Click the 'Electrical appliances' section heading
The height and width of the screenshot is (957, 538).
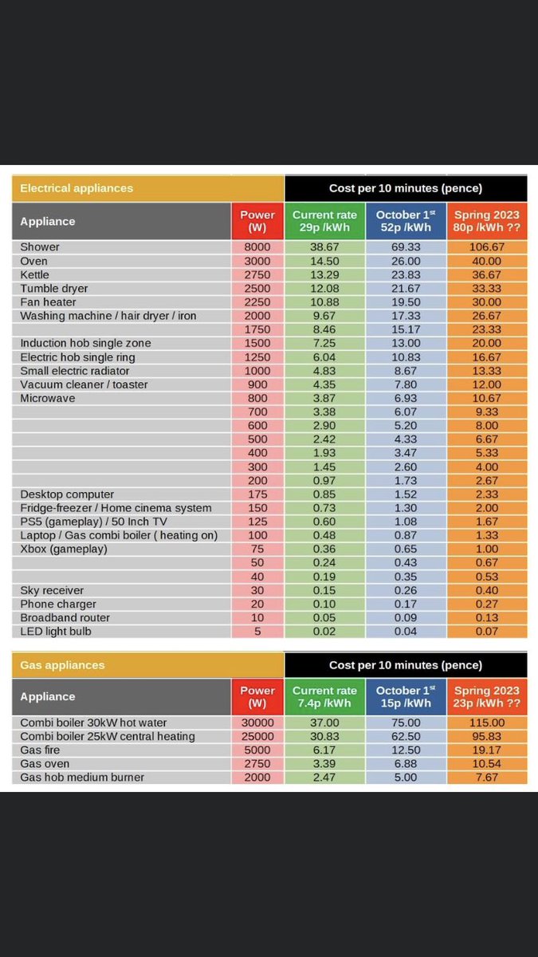pyautogui.click(x=77, y=188)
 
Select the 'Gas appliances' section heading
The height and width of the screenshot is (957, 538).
pyautogui.click(x=62, y=665)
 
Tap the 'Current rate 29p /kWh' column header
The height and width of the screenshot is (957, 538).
pyautogui.click(x=324, y=221)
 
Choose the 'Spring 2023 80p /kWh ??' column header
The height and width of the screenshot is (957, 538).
pyautogui.click(x=486, y=221)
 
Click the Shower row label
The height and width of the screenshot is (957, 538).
pyautogui.click(x=40, y=247)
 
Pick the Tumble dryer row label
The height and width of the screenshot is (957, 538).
pyautogui.click(x=54, y=288)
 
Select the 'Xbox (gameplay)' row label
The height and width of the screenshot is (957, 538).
pyautogui.click(x=64, y=549)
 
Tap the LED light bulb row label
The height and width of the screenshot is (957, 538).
pyautogui.click(x=56, y=632)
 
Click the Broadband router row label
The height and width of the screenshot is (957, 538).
pyautogui.click(x=65, y=618)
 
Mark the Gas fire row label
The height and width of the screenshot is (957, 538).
pyautogui.click(x=40, y=750)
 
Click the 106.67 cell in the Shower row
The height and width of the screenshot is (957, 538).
pyautogui.click(x=486, y=247)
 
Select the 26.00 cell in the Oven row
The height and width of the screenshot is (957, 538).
pyautogui.click(x=406, y=261)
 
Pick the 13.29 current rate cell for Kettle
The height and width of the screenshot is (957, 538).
pyautogui.click(x=324, y=274)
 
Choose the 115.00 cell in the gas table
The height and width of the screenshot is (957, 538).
pyautogui.click(x=486, y=723)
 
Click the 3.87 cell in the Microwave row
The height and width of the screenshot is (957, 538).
pyautogui.click(x=324, y=398)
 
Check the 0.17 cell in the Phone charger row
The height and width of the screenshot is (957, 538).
pyautogui.click(x=406, y=604)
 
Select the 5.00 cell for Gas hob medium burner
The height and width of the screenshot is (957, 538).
pyautogui.click(x=406, y=778)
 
